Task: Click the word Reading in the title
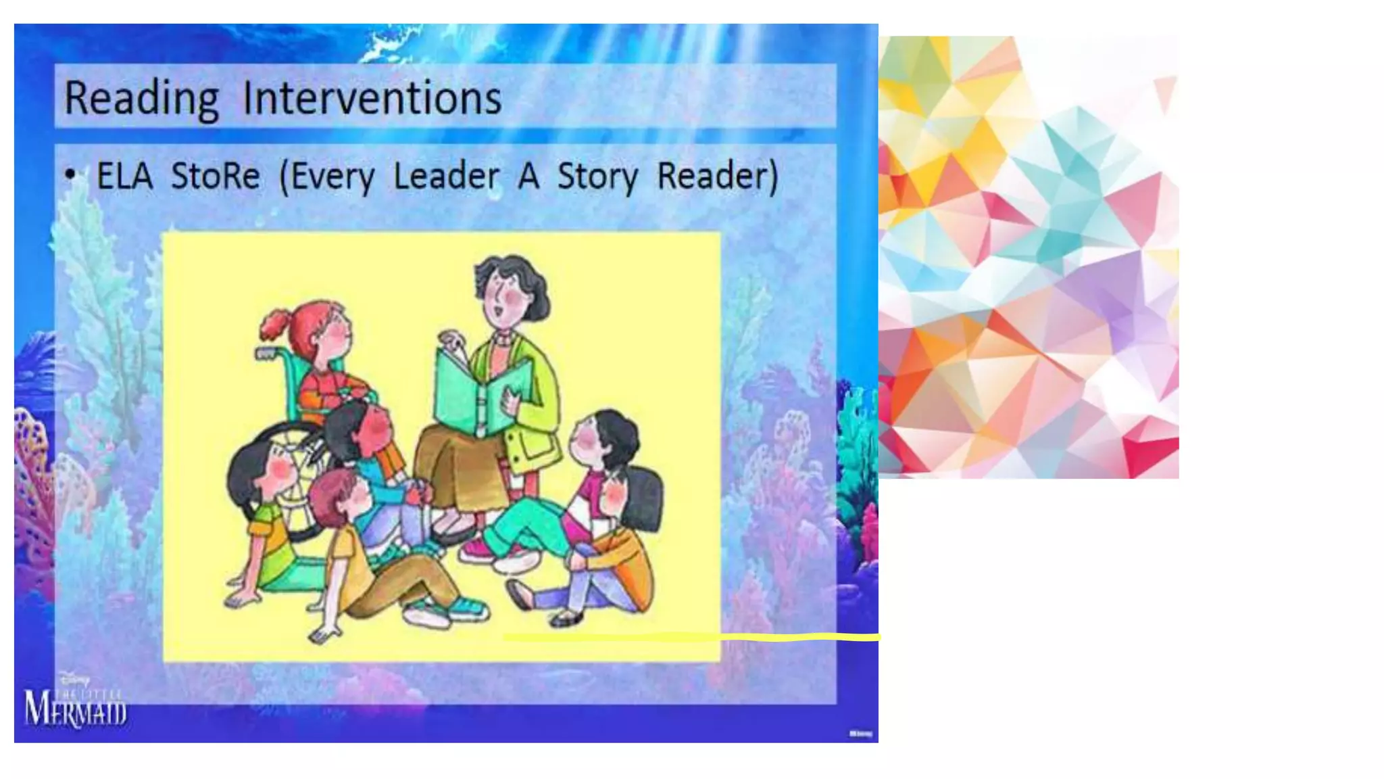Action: tap(141, 99)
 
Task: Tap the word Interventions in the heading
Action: tap(372, 99)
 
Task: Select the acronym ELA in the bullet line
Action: tap(124, 176)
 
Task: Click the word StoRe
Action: tap(215, 176)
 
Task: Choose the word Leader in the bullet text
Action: tap(447, 176)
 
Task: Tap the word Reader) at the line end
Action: tap(718, 176)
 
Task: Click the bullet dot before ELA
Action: tap(70, 174)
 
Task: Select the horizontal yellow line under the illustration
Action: tap(689, 637)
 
